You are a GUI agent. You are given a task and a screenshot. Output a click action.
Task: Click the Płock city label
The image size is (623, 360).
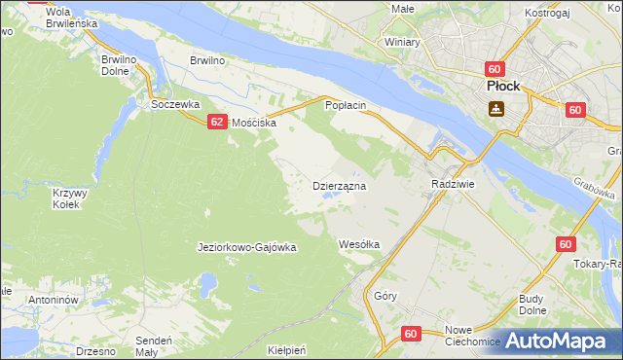click(x=503, y=86)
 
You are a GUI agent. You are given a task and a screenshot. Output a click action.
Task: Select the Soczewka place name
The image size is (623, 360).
click(x=175, y=103)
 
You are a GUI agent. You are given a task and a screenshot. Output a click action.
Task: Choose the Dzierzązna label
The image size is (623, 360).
click(x=338, y=185)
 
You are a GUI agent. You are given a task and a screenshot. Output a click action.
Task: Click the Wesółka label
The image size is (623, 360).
click(x=358, y=244)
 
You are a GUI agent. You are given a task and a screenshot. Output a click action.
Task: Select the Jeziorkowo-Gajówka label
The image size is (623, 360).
click(x=246, y=247)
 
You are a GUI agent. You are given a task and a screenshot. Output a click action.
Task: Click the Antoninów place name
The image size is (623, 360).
click(x=53, y=300)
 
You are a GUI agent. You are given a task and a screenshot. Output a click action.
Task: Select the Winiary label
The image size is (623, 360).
click(x=401, y=43)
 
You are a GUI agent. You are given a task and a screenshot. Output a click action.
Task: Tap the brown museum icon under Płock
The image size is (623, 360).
click(x=497, y=110)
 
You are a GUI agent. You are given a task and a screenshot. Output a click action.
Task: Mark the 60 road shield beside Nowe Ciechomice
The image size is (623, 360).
click(x=411, y=334)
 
